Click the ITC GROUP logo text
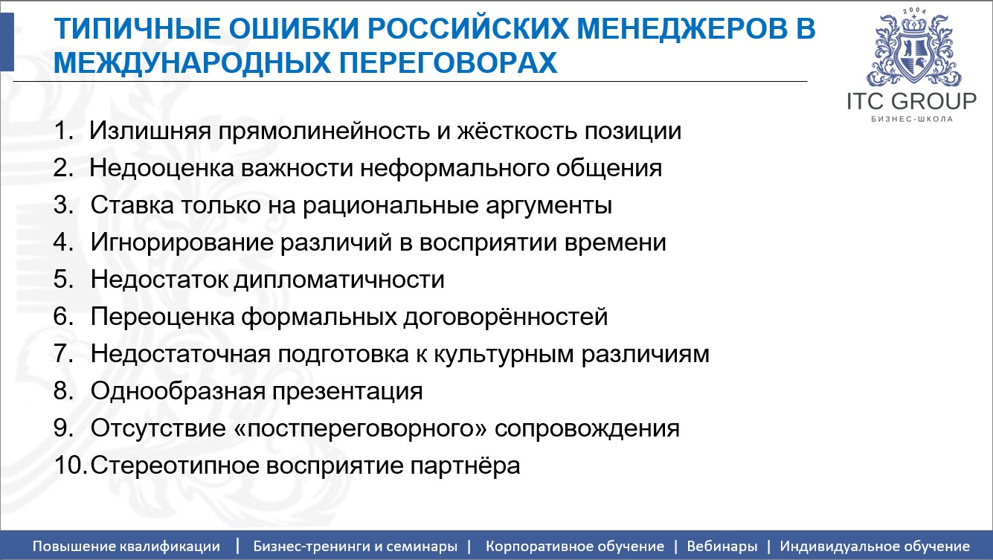pyautogui.click(x=911, y=101)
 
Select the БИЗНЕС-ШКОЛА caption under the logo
pyautogui.click(x=911, y=119)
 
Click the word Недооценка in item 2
pyautogui.click(x=161, y=169)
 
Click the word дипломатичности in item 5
pyautogui.click(x=339, y=280)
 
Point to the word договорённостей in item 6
pyautogui.click(x=505, y=318)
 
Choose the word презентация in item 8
pyautogui.click(x=344, y=392)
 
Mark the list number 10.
pyautogui.click(x=71, y=466)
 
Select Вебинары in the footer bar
pyautogui.click(x=722, y=547)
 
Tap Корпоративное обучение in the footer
pyautogui.click(x=574, y=547)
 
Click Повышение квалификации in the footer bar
pyautogui.click(x=126, y=547)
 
